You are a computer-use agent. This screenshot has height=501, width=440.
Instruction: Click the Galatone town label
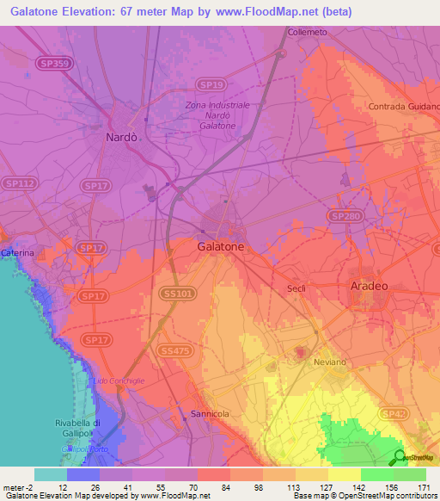click(x=221, y=246)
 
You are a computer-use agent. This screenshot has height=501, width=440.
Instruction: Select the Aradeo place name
click(x=368, y=285)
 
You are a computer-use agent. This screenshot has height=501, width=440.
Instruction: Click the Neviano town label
click(x=328, y=364)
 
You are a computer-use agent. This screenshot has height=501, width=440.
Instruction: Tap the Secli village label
click(x=297, y=289)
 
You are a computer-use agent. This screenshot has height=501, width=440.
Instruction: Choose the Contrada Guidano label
click(x=403, y=106)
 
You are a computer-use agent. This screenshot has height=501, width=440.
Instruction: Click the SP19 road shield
click(x=214, y=84)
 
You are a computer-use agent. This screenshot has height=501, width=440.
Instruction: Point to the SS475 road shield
click(x=173, y=350)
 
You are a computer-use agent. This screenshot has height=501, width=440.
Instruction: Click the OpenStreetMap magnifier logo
click(x=400, y=457)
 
